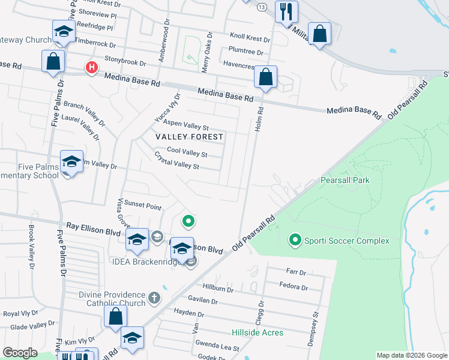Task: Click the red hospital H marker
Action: coord(91,67)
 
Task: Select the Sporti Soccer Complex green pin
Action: coord(295,241)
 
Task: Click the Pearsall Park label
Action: coord(345,180)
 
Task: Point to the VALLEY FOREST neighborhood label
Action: coord(189,137)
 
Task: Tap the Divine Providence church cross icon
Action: coord(155,298)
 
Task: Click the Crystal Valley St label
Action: coord(177,161)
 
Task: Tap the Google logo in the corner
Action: coord(20,353)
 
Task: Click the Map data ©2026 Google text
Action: coord(411,355)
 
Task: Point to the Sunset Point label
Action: coord(142,207)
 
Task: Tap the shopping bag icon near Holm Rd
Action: coord(265,77)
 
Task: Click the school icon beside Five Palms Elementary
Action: coord(71,161)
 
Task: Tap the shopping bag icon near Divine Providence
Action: coord(115,316)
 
